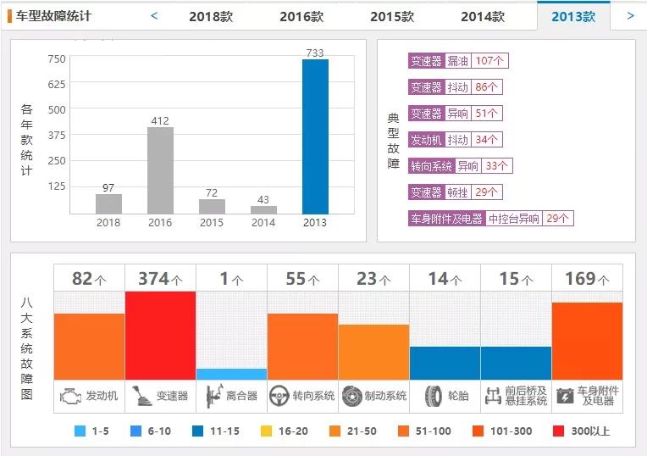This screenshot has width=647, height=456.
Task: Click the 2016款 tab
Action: pyautogui.click(x=301, y=16)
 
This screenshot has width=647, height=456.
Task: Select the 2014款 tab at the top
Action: pyautogui.click(x=483, y=16)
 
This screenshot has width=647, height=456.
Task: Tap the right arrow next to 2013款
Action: pyautogui.click(x=630, y=15)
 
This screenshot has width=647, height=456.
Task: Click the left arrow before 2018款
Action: pyautogui.click(x=154, y=15)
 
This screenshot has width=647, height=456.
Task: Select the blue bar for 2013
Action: pyautogui.click(x=315, y=136)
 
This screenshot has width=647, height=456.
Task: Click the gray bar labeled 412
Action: pyautogui.click(x=160, y=170)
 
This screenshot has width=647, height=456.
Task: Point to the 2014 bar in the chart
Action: pyautogui.click(x=263, y=209)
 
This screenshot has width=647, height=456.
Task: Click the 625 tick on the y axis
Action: pyautogui.click(x=56, y=84)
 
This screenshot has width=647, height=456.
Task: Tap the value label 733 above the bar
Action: pyautogui.click(x=315, y=53)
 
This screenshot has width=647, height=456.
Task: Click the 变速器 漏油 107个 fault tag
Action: pyautogui.click(x=457, y=61)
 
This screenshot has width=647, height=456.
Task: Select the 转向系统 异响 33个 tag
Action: pyautogui.click(x=459, y=166)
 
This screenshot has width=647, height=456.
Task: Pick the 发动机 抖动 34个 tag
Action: pyautogui.click(x=455, y=140)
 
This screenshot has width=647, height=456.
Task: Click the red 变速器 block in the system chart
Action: pyautogui.click(x=160, y=335)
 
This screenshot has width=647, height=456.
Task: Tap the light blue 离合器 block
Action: pyautogui.click(x=231, y=374)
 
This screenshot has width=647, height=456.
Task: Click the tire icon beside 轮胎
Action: pyautogui.click(x=433, y=396)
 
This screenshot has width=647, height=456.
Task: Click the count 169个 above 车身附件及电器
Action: pyautogui.click(x=587, y=279)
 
